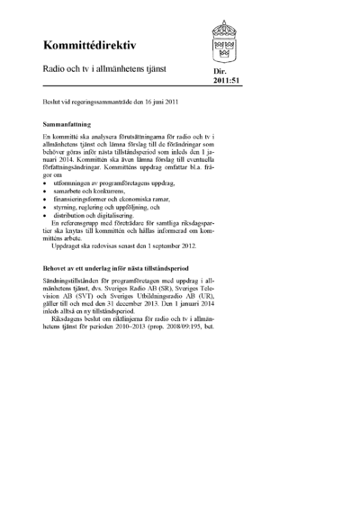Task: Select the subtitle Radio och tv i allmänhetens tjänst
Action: point(100,68)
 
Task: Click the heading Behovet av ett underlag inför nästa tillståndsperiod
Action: point(117,268)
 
